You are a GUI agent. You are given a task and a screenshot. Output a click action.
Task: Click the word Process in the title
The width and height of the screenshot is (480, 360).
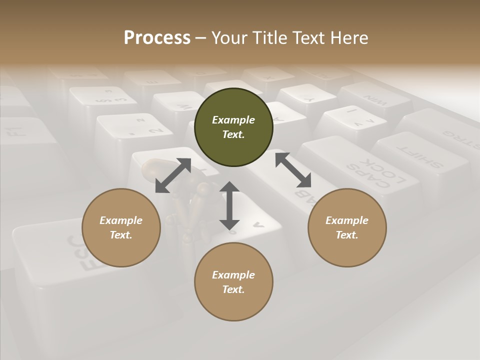click(x=157, y=38)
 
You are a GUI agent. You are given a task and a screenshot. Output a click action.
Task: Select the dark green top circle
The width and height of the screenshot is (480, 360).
click(x=233, y=127)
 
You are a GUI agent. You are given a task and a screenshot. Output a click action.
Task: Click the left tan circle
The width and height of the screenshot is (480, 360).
click(x=121, y=227)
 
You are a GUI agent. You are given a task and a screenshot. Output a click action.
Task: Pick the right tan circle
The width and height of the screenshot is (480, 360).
click(x=347, y=227)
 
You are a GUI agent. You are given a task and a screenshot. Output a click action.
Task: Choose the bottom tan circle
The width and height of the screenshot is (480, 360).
click(x=233, y=281)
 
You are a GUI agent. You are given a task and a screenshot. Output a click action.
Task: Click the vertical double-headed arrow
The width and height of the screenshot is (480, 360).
click(x=229, y=205)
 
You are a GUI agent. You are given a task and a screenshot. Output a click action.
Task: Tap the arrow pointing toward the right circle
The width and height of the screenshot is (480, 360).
click(x=293, y=170)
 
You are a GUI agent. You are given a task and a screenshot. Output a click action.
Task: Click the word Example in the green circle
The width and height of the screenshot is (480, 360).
click(x=233, y=120)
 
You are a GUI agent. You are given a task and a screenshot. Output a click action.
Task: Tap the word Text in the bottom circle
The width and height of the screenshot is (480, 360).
click(x=233, y=289)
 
